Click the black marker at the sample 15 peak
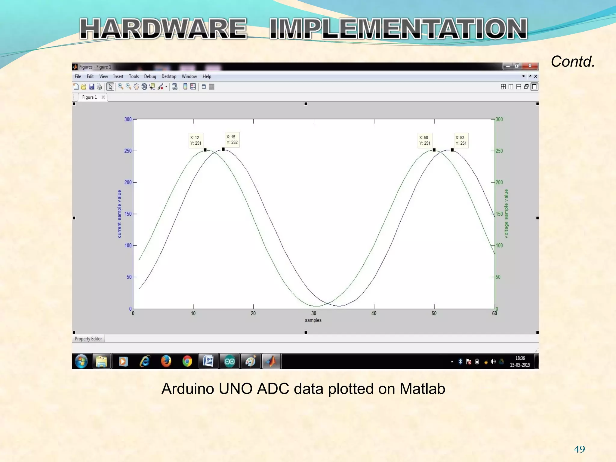(x=223, y=149)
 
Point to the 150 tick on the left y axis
(x=128, y=214)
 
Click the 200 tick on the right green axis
(x=499, y=182)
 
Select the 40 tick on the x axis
(x=374, y=313)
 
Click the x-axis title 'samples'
(x=313, y=320)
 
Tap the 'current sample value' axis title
(x=119, y=214)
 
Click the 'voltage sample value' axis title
(x=506, y=214)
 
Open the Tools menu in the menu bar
(x=134, y=76)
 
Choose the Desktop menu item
(x=169, y=76)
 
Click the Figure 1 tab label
(x=90, y=97)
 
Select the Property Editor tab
(x=88, y=339)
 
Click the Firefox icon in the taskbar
(x=166, y=361)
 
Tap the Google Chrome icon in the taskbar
(x=187, y=361)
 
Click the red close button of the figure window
(x=530, y=66)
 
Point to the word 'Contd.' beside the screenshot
(x=573, y=62)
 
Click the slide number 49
(x=579, y=449)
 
